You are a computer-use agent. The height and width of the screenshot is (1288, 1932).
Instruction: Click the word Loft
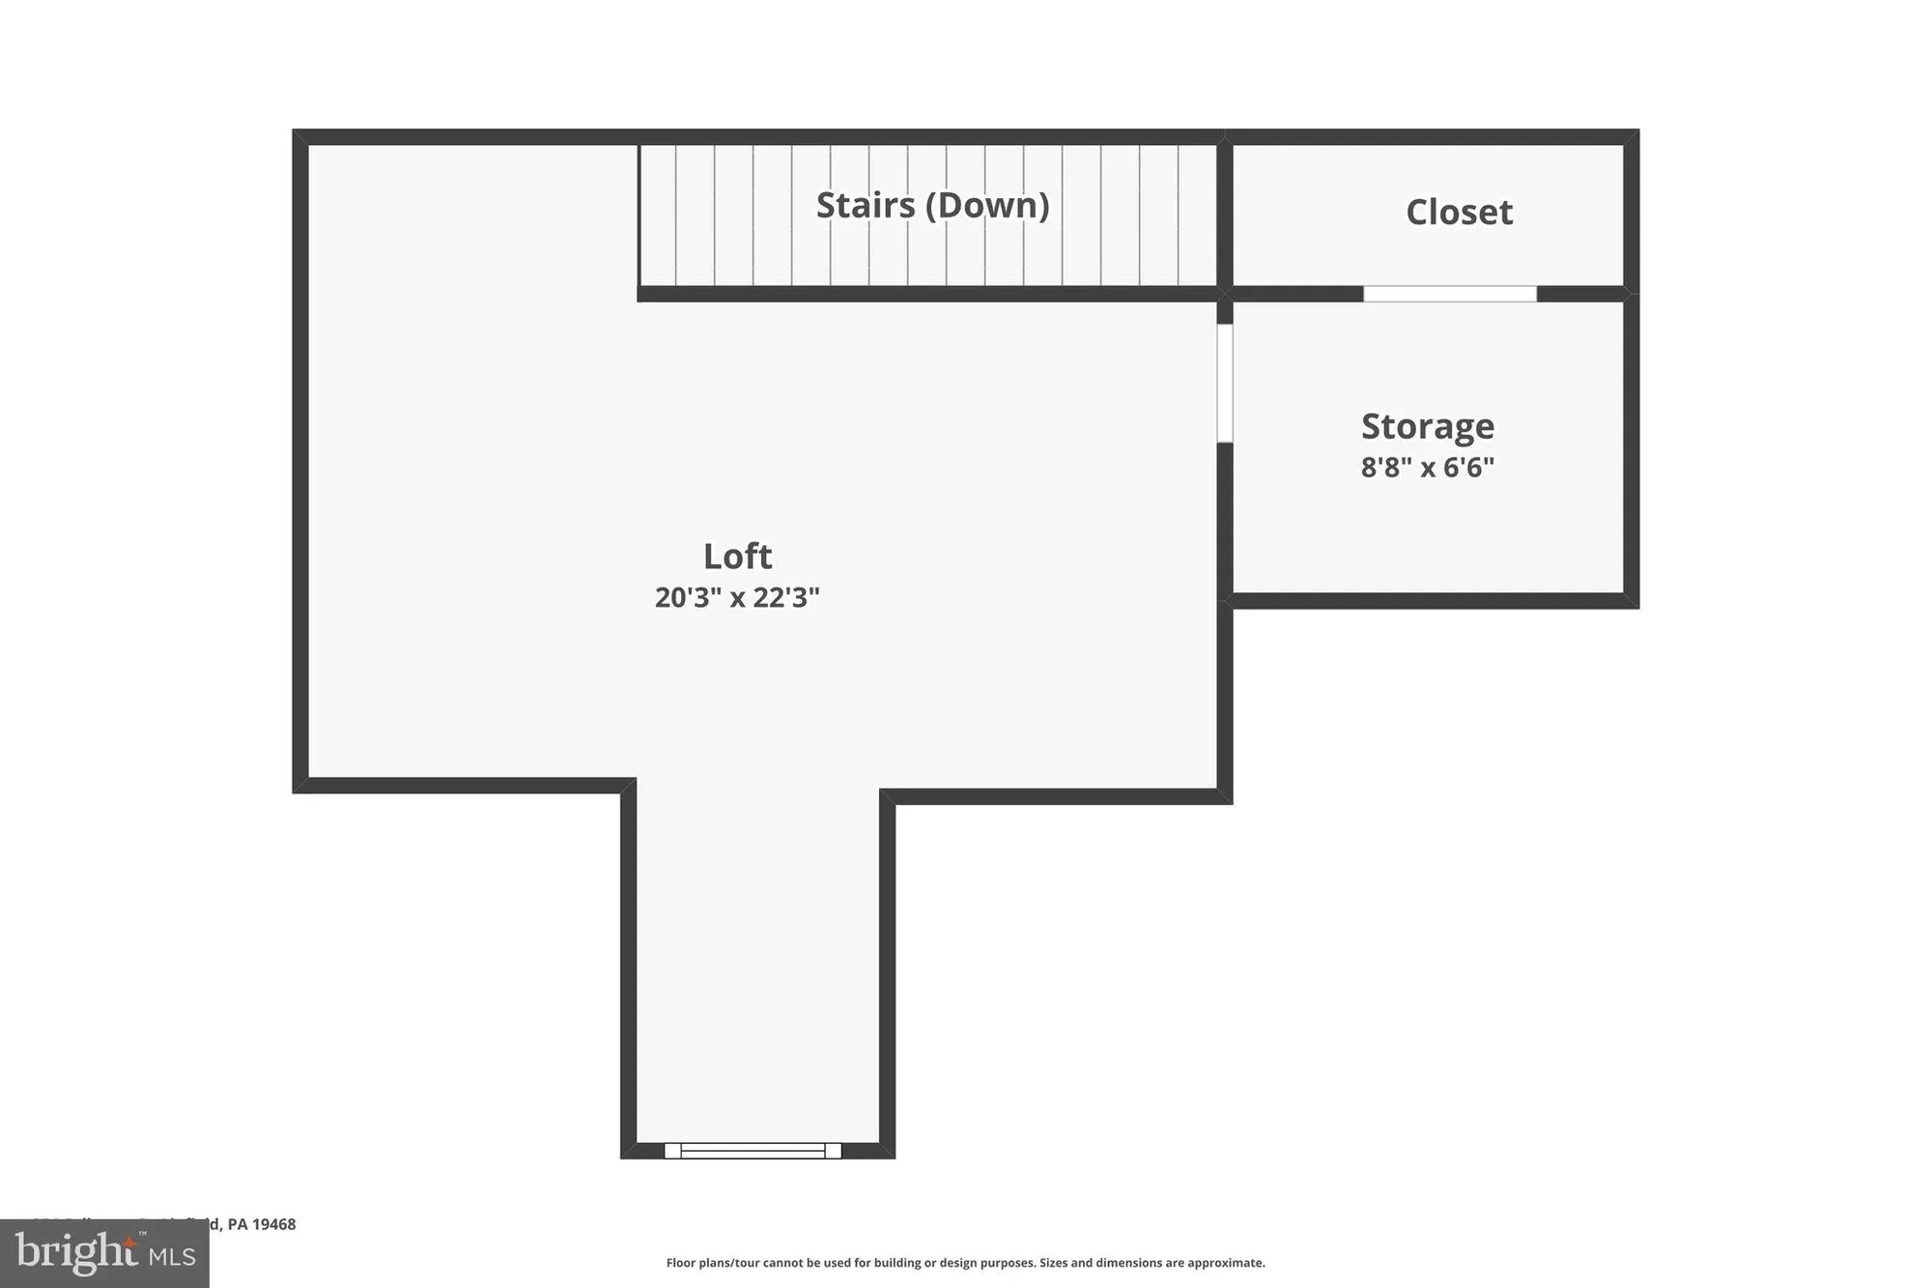[x=737, y=557]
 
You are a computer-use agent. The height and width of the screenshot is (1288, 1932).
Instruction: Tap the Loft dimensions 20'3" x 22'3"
[x=737, y=597]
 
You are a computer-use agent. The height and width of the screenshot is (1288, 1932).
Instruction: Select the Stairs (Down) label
[x=932, y=205]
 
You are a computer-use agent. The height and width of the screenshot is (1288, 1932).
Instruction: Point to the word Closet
[x=1459, y=213]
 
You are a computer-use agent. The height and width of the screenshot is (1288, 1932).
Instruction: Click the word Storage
[x=1428, y=426]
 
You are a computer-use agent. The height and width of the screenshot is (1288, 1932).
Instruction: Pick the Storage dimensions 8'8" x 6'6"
[x=1428, y=468]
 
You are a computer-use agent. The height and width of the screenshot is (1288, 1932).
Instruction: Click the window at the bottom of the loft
[x=753, y=1150]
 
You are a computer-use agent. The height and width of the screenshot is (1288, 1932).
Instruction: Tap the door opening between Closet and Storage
[x=1449, y=294]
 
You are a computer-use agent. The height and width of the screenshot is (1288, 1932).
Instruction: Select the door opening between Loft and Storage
[x=1224, y=383]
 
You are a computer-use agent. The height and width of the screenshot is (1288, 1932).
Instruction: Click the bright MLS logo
[x=104, y=1253]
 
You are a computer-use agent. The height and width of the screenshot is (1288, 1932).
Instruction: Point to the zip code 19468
[x=274, y=1224]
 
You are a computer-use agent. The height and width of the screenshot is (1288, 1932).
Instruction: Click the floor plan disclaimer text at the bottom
[x=965, y=1263]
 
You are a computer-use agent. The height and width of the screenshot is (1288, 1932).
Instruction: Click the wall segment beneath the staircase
[x=927, y=294]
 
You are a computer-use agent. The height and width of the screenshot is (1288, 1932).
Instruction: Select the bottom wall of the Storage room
[x=1430, y=600]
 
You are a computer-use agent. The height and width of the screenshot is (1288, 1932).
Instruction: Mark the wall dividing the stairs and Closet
[x=1224, y=213]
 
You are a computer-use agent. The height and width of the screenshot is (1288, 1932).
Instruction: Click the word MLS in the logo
[x=172, y=1256]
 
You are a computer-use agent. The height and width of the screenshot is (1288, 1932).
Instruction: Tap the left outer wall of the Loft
[x=300, y=464]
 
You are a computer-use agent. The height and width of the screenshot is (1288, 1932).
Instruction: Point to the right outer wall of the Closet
[x=1631, y=213]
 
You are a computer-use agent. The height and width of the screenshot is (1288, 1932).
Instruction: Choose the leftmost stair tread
[x=657, y=215]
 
